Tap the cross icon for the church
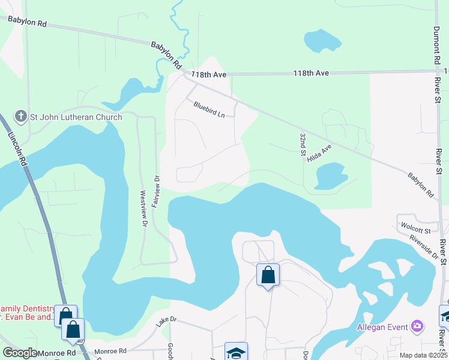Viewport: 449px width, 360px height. tap(20, 116)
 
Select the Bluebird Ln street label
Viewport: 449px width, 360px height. tap(209, 109)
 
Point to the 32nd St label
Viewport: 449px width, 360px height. tap(303, 145)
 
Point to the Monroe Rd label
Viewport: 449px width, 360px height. tap(110, 352)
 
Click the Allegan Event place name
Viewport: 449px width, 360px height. tap(382, 327)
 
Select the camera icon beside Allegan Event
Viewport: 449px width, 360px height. tap(417, 326)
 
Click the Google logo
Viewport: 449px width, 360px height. tap(20, 353)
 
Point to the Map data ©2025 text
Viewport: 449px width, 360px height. tap(423, 355)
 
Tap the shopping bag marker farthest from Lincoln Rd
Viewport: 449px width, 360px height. tap(268, 275)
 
